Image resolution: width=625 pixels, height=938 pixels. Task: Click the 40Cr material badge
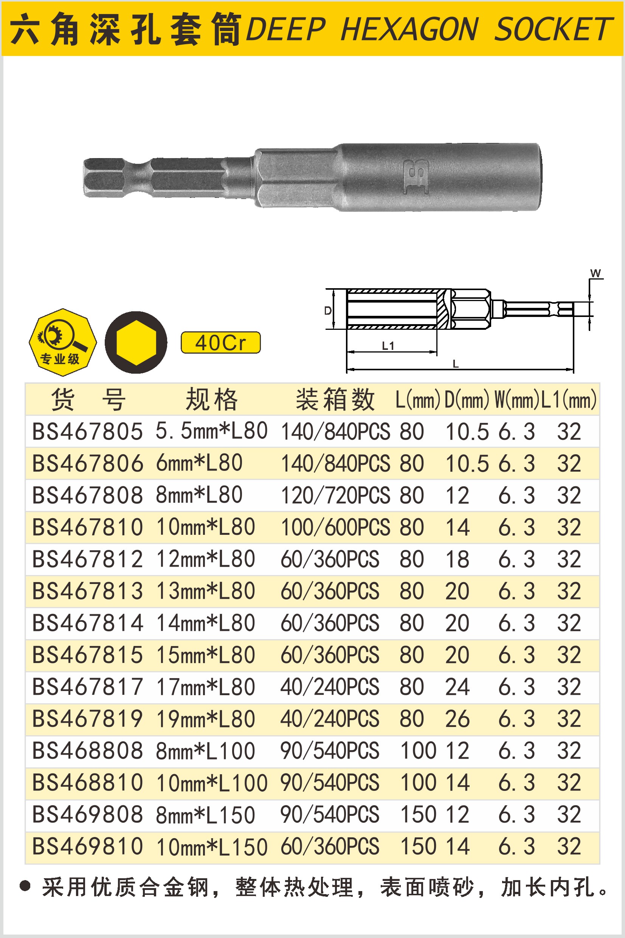coord(220,342)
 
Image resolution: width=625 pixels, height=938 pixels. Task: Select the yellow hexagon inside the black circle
coord(136,342)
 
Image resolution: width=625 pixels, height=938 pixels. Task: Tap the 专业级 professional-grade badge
coord(63,342)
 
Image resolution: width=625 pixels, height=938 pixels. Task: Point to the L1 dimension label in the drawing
coord(388,346)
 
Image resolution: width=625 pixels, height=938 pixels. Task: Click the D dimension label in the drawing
coord(328,311)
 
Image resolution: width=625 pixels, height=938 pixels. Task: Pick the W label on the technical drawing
coord(596,273)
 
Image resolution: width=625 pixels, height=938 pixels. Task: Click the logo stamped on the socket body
coord(415,177)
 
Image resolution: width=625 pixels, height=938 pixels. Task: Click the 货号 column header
coord(88,399)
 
